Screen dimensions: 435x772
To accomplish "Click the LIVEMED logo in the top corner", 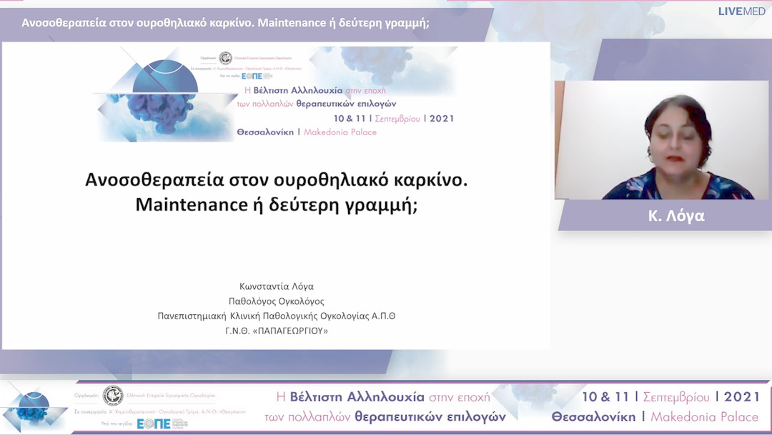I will pos(743,11).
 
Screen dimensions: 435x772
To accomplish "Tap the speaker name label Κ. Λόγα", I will pos(675,216).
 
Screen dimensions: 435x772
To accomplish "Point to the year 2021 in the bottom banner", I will pos(742,397).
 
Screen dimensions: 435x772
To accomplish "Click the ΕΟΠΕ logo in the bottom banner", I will pos(154,424).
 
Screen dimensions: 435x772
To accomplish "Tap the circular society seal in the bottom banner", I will pos(112,396).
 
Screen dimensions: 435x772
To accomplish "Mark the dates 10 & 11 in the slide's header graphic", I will pos(352,119).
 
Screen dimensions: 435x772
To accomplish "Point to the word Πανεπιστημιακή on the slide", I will pos(191,316).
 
